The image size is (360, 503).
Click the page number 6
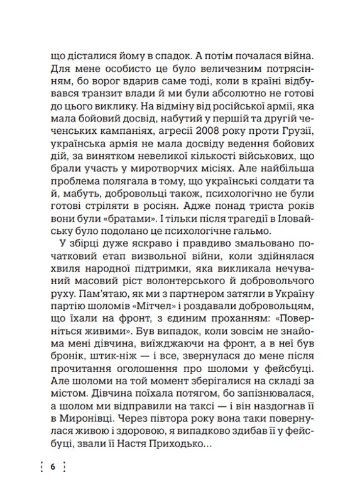click(52, 467)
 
